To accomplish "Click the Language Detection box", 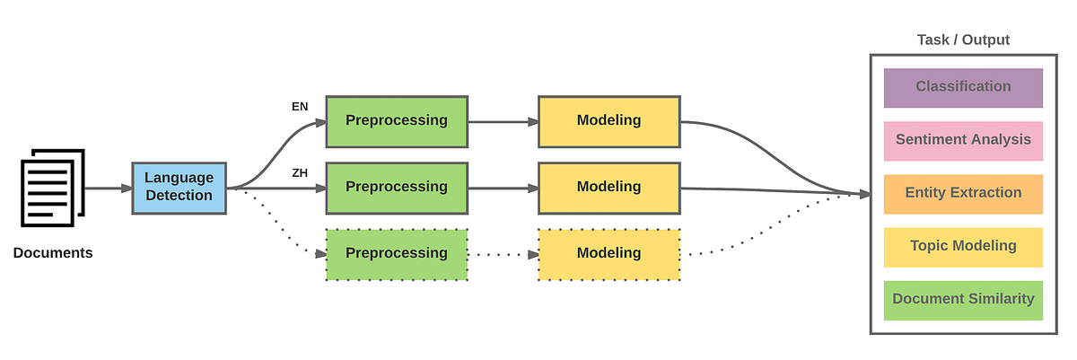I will click(x=179, y=188).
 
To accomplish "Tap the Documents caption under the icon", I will click(x=53, y=253).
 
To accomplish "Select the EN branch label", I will click(x=300, y=106).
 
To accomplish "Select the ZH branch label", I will click(x=300, y=172).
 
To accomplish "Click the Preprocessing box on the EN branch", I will click(x=396, y=120).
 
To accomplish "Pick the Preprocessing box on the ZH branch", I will click(x=396, y=188).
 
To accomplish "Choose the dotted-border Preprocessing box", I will click(x=396, y=254).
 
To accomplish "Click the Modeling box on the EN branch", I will click(x=609, y=120).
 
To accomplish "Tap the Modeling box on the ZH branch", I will click(x=609, y=188).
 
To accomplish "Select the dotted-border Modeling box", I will click(x=609, y=254).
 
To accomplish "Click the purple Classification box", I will click(x=963, y=87).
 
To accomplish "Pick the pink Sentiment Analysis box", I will click(x=963, y=140).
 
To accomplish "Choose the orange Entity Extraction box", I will click(x=963, y=193).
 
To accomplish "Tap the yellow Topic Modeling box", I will click(x=963, y=246).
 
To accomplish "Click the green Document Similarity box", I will click(x=963, y=299).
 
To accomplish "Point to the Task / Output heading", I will click(x=963, y=40).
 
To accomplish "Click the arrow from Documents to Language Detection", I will click(x=109, y=188).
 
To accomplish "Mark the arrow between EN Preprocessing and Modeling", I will click(x=503, y=120).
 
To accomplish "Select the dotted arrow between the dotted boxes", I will click(x=503, y=254).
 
